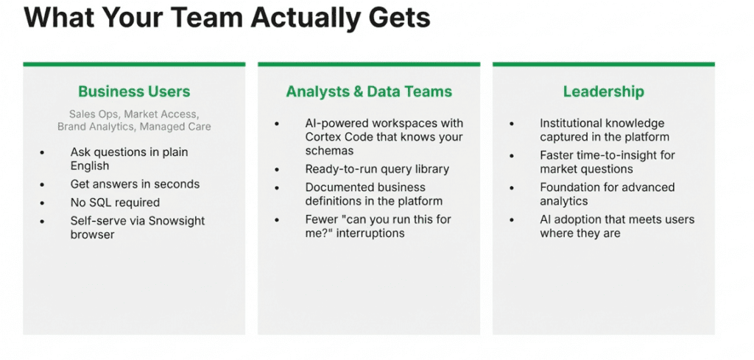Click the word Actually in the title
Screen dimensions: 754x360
[x=304, y=18]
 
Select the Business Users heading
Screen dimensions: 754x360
[x=134, y=91]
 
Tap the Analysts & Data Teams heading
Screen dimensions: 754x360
[x=369, y=91]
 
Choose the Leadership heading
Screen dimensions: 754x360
[x=604, y=91]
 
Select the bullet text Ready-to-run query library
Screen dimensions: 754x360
[x=377, y=169]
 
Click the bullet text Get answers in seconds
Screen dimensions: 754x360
[x=135, y=184]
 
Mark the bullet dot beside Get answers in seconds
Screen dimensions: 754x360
[x=43, y=185]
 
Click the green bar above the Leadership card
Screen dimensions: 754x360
[x=604, y=64]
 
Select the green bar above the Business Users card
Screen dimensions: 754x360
[x=134, y=64]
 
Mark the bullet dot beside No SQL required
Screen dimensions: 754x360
[x=43, y=203]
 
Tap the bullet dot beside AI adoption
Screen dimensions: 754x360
[x=512, y=220]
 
